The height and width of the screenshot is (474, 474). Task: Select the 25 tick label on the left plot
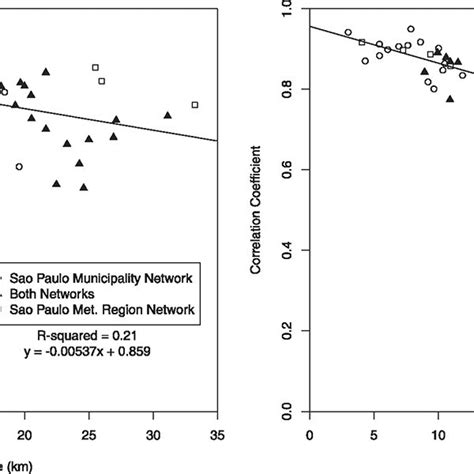(x=90, y=434)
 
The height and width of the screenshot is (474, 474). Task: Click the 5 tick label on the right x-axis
(x=374, y=434)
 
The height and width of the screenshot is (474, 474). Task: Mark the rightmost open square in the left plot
(x=195, y=104)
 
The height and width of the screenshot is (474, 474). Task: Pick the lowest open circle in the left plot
(x=19, y=166)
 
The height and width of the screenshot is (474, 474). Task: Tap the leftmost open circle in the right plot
(x=348, y=33)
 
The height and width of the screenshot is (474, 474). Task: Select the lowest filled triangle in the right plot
(x=450, y=98)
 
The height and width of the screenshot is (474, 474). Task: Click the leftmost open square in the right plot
(x=362, y=42)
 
